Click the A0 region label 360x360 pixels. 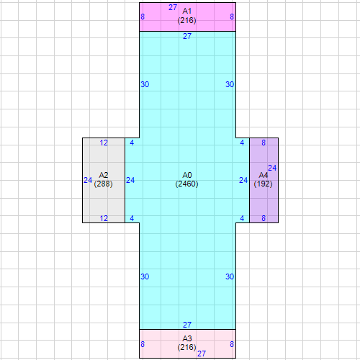(187, 175)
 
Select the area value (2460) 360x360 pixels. (187, 184)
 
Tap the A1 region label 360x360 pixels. (187, 12)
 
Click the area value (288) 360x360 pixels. (104, 184)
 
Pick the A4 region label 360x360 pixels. (264, 175)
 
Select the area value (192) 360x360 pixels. (264, 184)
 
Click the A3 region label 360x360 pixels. (187, 338)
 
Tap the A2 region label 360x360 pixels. (104, 175)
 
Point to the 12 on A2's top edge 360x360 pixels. (104, 143)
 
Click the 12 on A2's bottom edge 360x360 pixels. (104, 218)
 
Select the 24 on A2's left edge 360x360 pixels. (88, 180)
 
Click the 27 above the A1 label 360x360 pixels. (173, 7)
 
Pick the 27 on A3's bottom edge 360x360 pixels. (202, 354)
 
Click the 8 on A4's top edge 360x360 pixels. (264, 143)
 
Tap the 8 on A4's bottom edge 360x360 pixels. (264, 218)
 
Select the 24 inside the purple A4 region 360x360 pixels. (272, 168)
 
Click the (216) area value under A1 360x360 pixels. (187, 20)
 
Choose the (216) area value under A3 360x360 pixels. (187, 347)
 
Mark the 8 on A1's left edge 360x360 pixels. (143, 17)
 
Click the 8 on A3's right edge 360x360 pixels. (232, 345)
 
